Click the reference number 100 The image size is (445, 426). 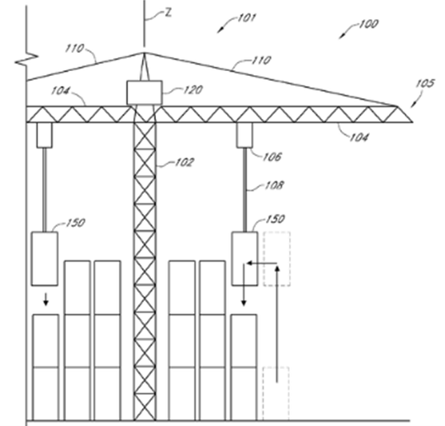368,24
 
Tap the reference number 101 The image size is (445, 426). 246,18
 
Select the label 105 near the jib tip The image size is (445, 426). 425,83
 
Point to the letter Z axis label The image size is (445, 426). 168,13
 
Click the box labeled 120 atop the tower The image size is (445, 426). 144,92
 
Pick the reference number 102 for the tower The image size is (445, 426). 184,163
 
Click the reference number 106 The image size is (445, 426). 272,157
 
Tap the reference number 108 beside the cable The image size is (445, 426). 274,185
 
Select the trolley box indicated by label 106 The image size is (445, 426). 244,135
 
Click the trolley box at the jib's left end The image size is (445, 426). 45,135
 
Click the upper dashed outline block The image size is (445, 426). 277,258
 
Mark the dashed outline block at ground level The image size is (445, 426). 276,394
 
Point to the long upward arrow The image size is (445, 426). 277,324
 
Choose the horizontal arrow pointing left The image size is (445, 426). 262,263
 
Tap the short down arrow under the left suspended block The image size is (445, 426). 45,300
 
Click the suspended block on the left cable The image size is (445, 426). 45,258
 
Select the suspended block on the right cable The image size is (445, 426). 244,258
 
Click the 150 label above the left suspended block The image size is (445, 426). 75,223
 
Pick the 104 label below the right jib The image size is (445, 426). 358,137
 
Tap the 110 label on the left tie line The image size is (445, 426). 74,48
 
